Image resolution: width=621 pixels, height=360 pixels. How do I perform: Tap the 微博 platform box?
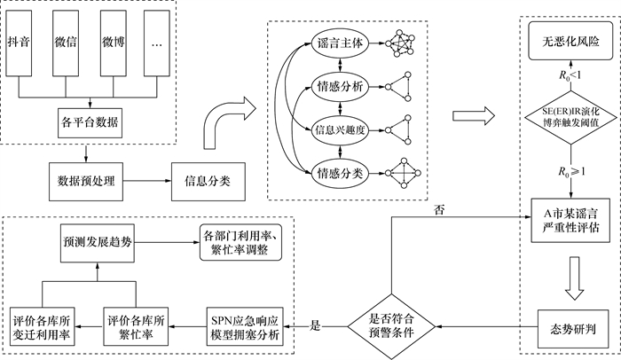coord(113,42)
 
